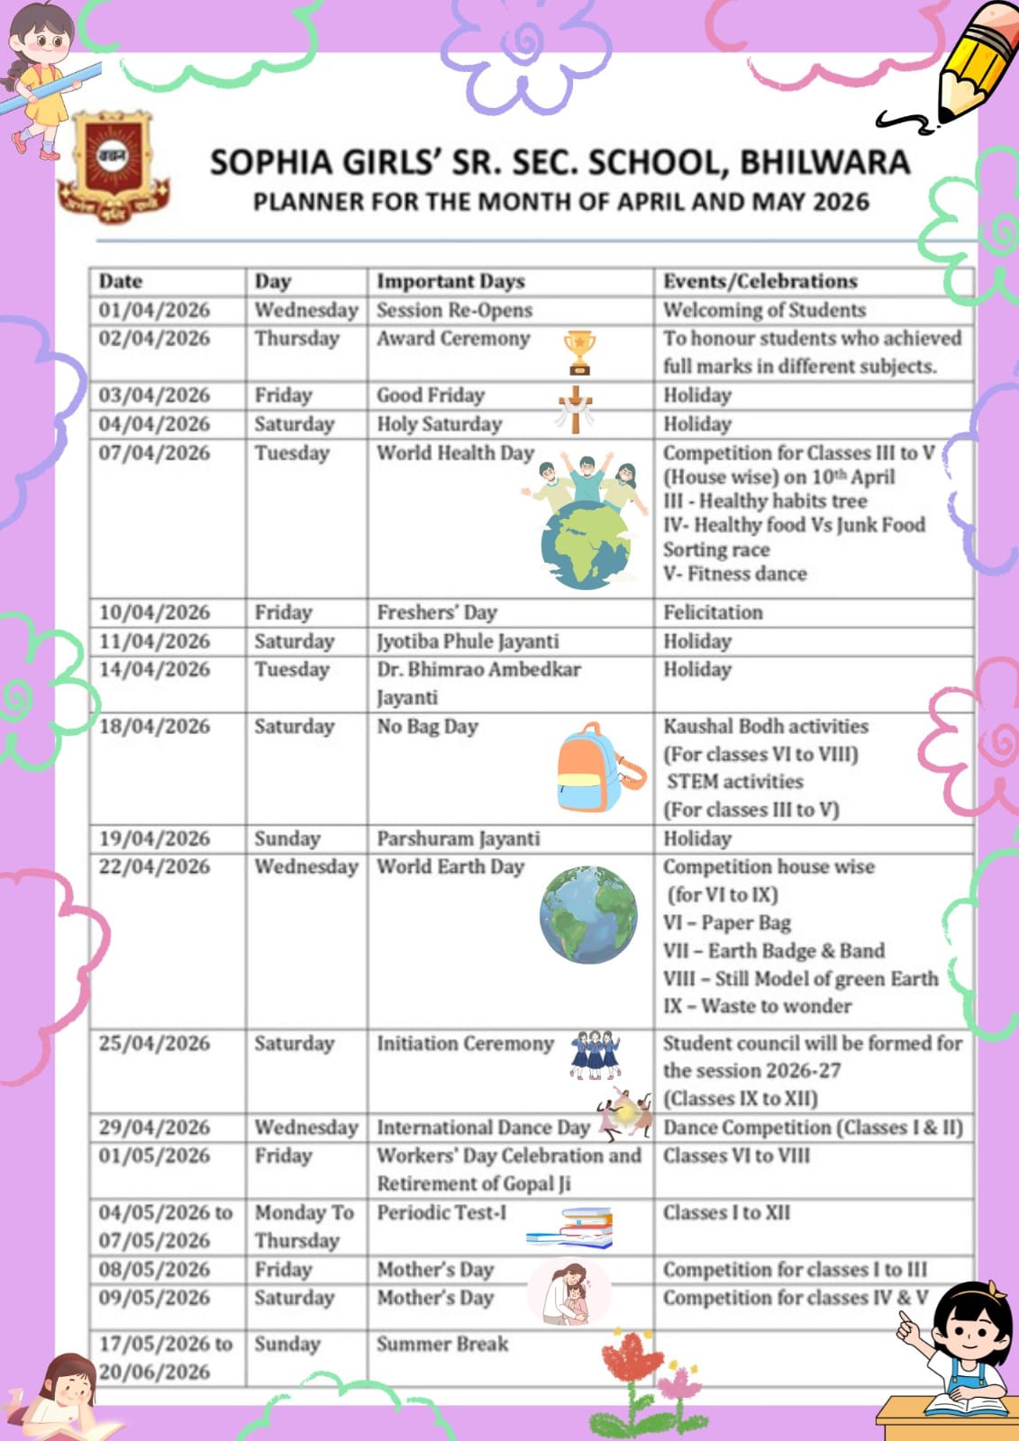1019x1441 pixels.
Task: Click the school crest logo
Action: point(113,167)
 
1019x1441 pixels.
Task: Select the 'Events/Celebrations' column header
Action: point(760,281)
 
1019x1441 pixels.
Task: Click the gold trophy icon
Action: point(579,351)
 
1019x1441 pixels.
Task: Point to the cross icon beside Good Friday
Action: point(575,409)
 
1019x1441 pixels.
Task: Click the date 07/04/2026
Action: point(154,453)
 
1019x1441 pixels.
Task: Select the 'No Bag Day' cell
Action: point(427,727)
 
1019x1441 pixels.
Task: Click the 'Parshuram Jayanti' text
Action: point(458,838)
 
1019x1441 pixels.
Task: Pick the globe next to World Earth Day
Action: point(587,915)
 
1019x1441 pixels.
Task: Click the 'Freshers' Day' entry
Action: point(437,612)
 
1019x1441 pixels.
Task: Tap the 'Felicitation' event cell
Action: point(713,612)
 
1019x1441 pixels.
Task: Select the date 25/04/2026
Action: point(154,1044)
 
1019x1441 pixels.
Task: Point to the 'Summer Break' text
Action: point(442,1344)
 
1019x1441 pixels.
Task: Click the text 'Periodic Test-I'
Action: point(441,1213)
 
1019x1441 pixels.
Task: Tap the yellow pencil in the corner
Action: point(973,63)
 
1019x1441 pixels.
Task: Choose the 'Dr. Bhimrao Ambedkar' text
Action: point(478,670)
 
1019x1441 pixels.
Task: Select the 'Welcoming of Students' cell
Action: point(764,311)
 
